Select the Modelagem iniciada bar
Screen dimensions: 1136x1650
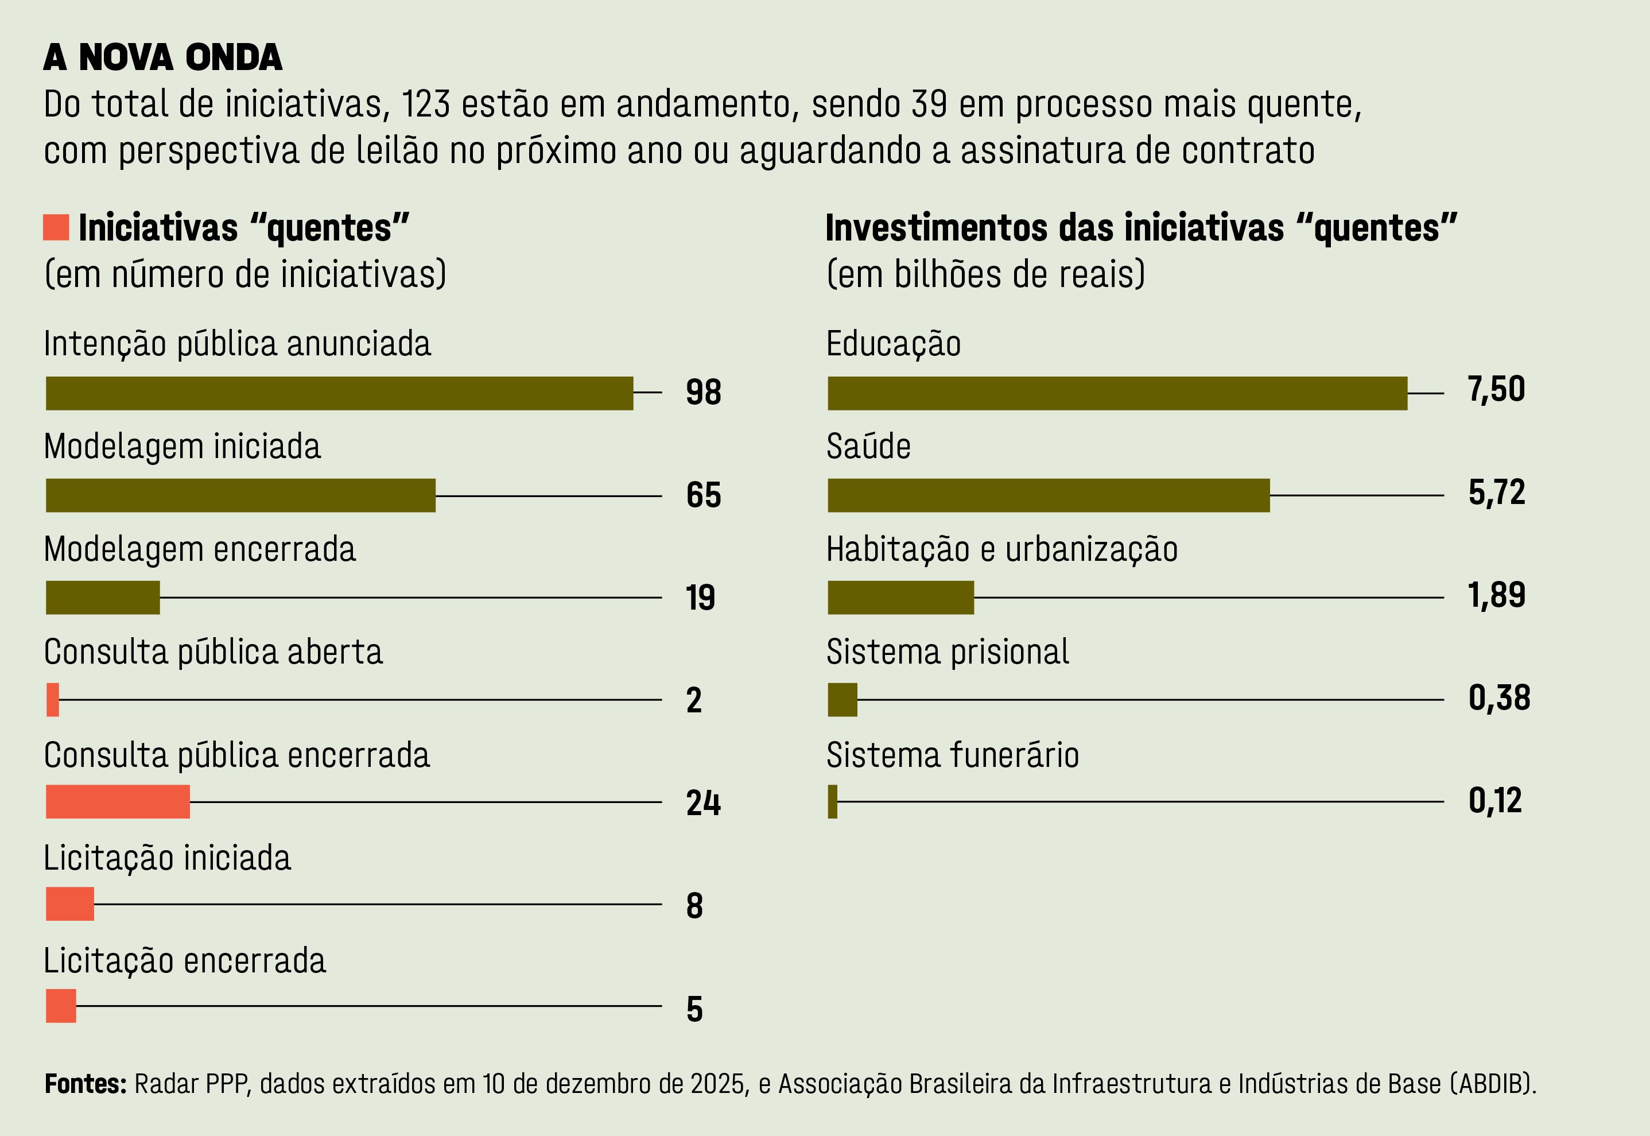pyautogui.click(x=240, y=495)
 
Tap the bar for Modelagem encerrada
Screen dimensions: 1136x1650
pyautogui.click(x=103, y=598)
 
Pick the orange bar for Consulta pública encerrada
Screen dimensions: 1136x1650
pyautogui.click(x=118, y=802)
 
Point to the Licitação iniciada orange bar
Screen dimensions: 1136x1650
pyautogui.click(x=69, y=904)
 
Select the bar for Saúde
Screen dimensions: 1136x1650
pyautogui.click(x=1048, y=495)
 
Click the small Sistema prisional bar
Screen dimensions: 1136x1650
pyautogui.click(x=843, y=700)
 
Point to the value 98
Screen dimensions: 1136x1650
pyautogui.click(x=703, y=392)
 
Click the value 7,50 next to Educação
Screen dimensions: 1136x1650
pyautogui.click(x=1496, y=390)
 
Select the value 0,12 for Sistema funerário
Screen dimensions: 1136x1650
pyautogui.click(x=1495, y=801)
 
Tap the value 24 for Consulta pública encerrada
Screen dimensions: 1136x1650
pyautogui.click(x=703, y=803)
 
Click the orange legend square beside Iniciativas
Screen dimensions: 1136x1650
pyautogui.click(x=56, y=227)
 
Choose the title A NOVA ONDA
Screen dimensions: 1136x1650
pyautogui.click(x=163, y=57)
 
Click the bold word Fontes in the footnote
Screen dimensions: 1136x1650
pyautogui.click(x=86, y=1084)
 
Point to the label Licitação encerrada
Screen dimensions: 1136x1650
pyautogui.click(x=184, y=961)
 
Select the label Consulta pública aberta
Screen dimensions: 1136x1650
pyautogui.click(x=213, y=652)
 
